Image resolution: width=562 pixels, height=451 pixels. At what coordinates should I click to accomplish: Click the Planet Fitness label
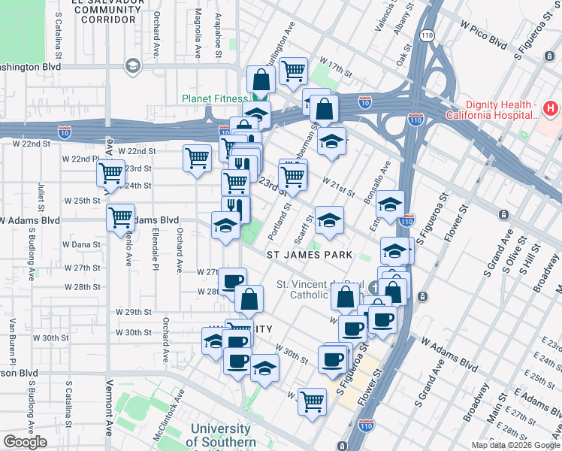pyautogui.click(x=214, y=99)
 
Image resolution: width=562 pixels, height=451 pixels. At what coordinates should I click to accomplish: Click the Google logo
pyautogui.click(x=25, y=442)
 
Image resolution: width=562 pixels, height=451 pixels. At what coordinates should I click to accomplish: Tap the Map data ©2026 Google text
pyautogui.click(x=515, y=445)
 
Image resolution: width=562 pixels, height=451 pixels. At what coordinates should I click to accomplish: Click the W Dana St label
pyautogui.click(x=81, y=245)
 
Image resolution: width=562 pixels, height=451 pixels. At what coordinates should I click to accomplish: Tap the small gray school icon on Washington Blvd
pyautogui.click(x=132, y=68)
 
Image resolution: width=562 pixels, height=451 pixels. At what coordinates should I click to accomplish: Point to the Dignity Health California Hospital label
pyautogui.click(x=492, y=110)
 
